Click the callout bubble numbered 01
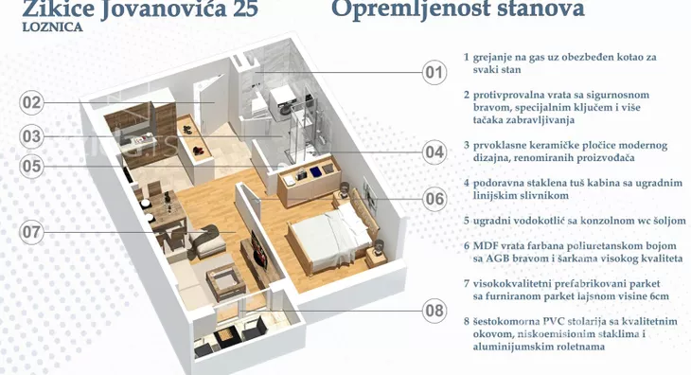pos(434,72)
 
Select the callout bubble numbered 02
pos(32,102)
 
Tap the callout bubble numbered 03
pos(32,136)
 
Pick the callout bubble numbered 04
pos(434,151)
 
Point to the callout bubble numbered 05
pos(32,166)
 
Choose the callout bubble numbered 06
pos(434,198)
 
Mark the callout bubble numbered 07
pos(32,231)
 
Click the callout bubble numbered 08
pos(434,309)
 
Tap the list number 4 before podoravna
pos(467,182)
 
